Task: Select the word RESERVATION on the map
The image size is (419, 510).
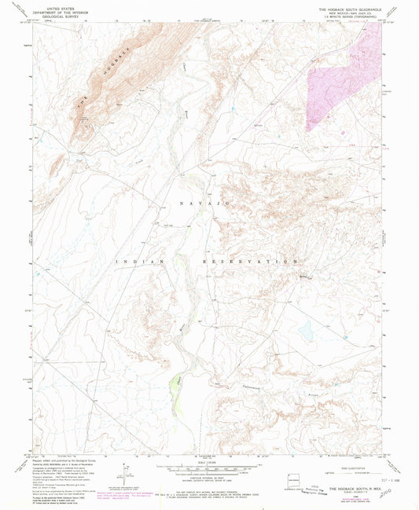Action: (x=256, y=261)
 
